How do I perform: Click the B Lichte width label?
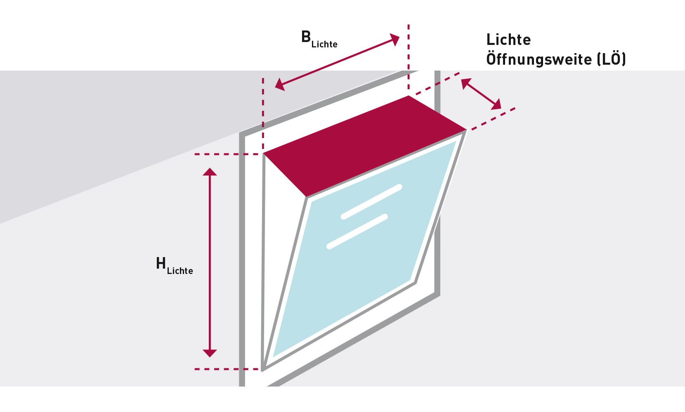[x=319, y=40]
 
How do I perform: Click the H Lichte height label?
[x=174, y=265]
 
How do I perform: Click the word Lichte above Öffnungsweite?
[x=508, y=40]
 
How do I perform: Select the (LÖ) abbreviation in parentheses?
[x=612, y=59]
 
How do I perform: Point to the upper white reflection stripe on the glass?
[x=371, y=201]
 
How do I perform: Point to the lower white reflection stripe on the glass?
[x=357, y=232]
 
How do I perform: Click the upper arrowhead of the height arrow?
[x=210, y=172]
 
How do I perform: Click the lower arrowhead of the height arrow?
[x=210, y=353]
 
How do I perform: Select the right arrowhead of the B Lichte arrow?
[x=395, y=40]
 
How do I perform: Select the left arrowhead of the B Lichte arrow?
[x=280, y=85]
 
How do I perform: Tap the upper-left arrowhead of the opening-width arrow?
[x=466, y=83]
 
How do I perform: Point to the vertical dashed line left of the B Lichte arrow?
[x=263, y=111]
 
